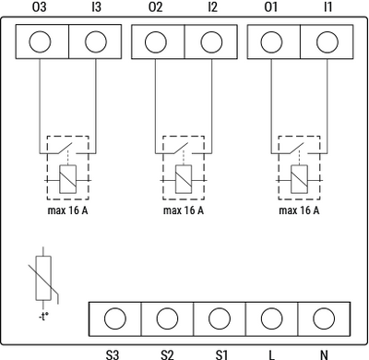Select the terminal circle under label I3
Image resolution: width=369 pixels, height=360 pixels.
point(97,42)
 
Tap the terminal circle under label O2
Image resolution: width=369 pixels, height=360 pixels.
point(155,42)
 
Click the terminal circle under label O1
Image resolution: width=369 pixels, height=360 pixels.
point(270,42)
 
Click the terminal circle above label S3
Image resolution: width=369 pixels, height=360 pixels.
point(114,318)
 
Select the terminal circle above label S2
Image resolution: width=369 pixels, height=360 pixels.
point(167,318)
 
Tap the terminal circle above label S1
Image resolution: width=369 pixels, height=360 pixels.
point(220,318)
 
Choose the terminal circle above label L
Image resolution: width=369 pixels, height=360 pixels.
point(271,318)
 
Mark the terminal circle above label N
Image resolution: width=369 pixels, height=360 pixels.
point(323,318)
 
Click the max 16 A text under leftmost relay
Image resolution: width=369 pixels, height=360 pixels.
point(66,210)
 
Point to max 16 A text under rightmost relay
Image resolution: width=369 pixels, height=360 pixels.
point(298,210)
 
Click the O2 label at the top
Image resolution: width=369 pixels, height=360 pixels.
point(155,8)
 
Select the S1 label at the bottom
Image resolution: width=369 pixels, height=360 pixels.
point(220,354)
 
